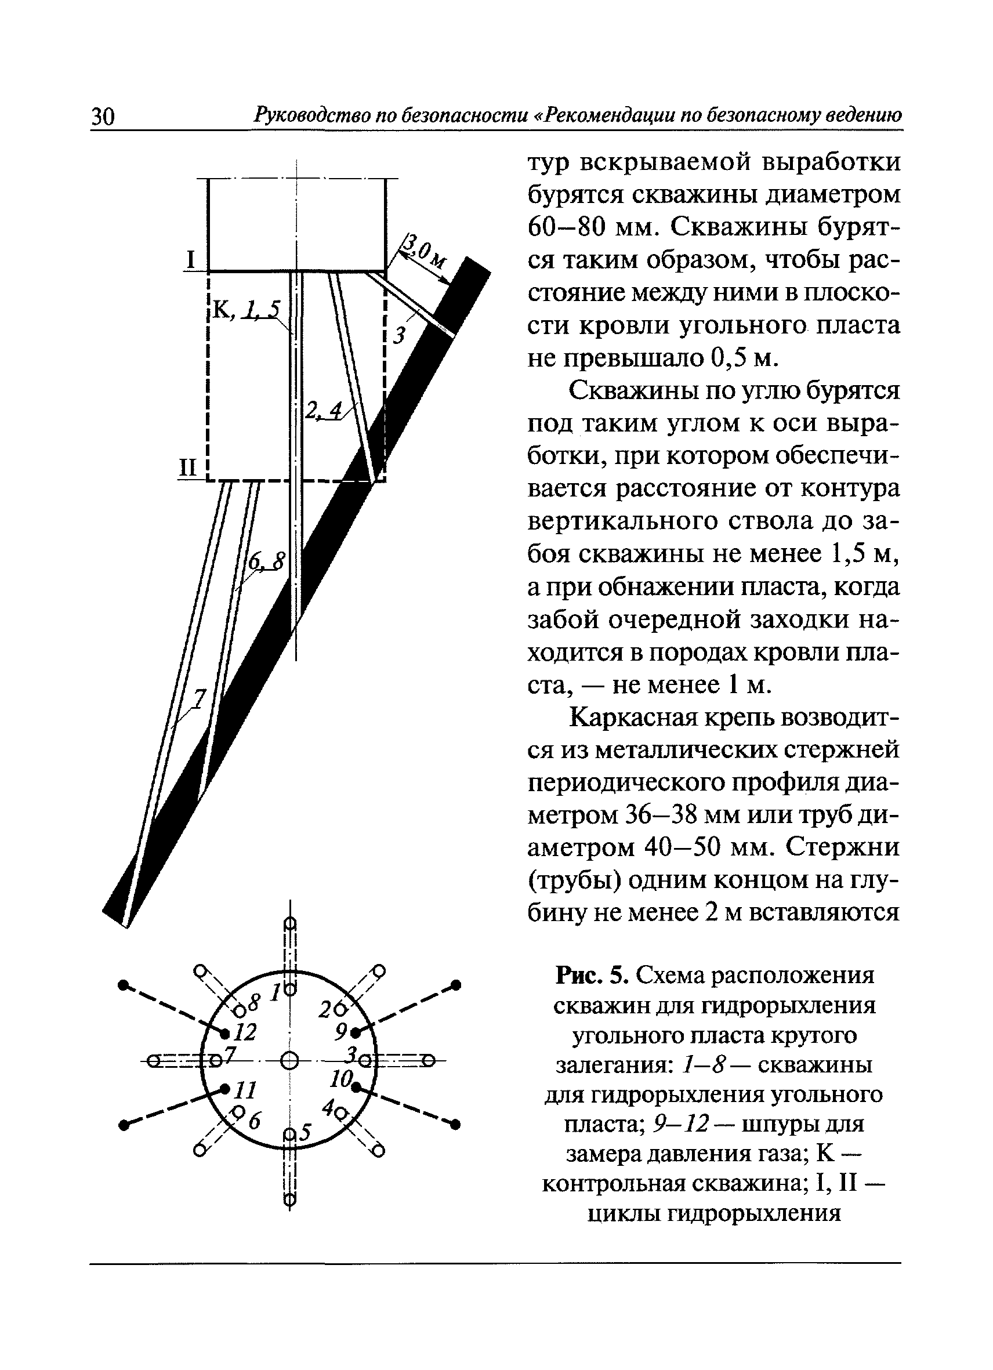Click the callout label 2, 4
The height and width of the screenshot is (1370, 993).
[323, 411]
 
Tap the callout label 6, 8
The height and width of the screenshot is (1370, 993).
[266, 563]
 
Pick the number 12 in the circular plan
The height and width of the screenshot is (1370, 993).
[245, 1032]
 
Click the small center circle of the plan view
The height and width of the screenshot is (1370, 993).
[290, 1060]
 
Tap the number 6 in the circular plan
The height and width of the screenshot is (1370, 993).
[254, 1122]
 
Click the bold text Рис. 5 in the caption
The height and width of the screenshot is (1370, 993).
[593, 975]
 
